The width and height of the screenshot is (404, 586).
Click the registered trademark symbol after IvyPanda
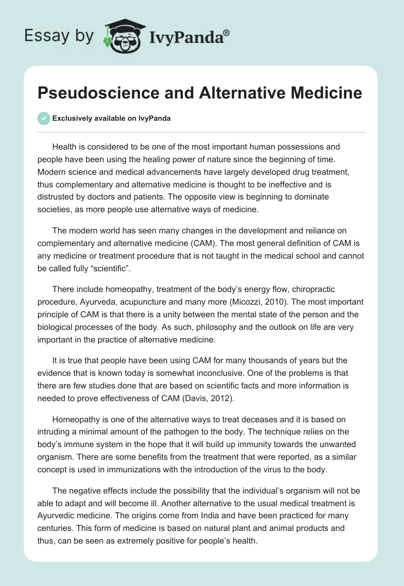(x=227, y=33)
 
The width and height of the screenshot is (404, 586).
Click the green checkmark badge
(x=43, y=118)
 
